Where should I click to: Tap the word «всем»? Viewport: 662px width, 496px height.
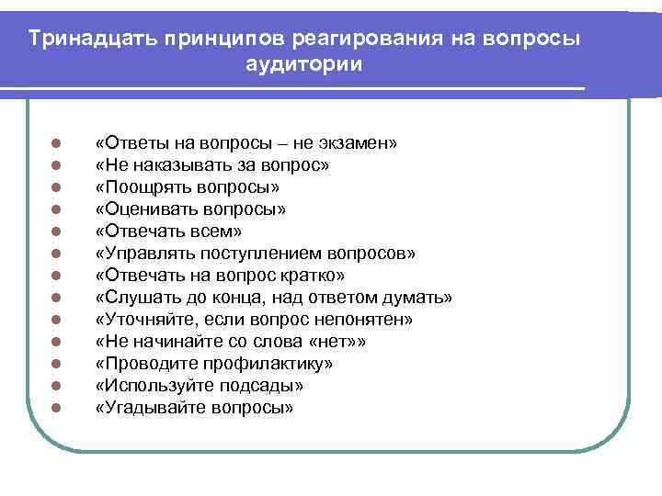[207, 231]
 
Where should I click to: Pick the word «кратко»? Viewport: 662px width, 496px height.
[287, 276]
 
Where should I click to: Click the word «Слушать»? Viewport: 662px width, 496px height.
[137, 298]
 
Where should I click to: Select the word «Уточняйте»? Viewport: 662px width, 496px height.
[147, 320]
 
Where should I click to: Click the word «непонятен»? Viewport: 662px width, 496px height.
[364, 320]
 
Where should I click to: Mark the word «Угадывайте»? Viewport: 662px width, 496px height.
[149, 408]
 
